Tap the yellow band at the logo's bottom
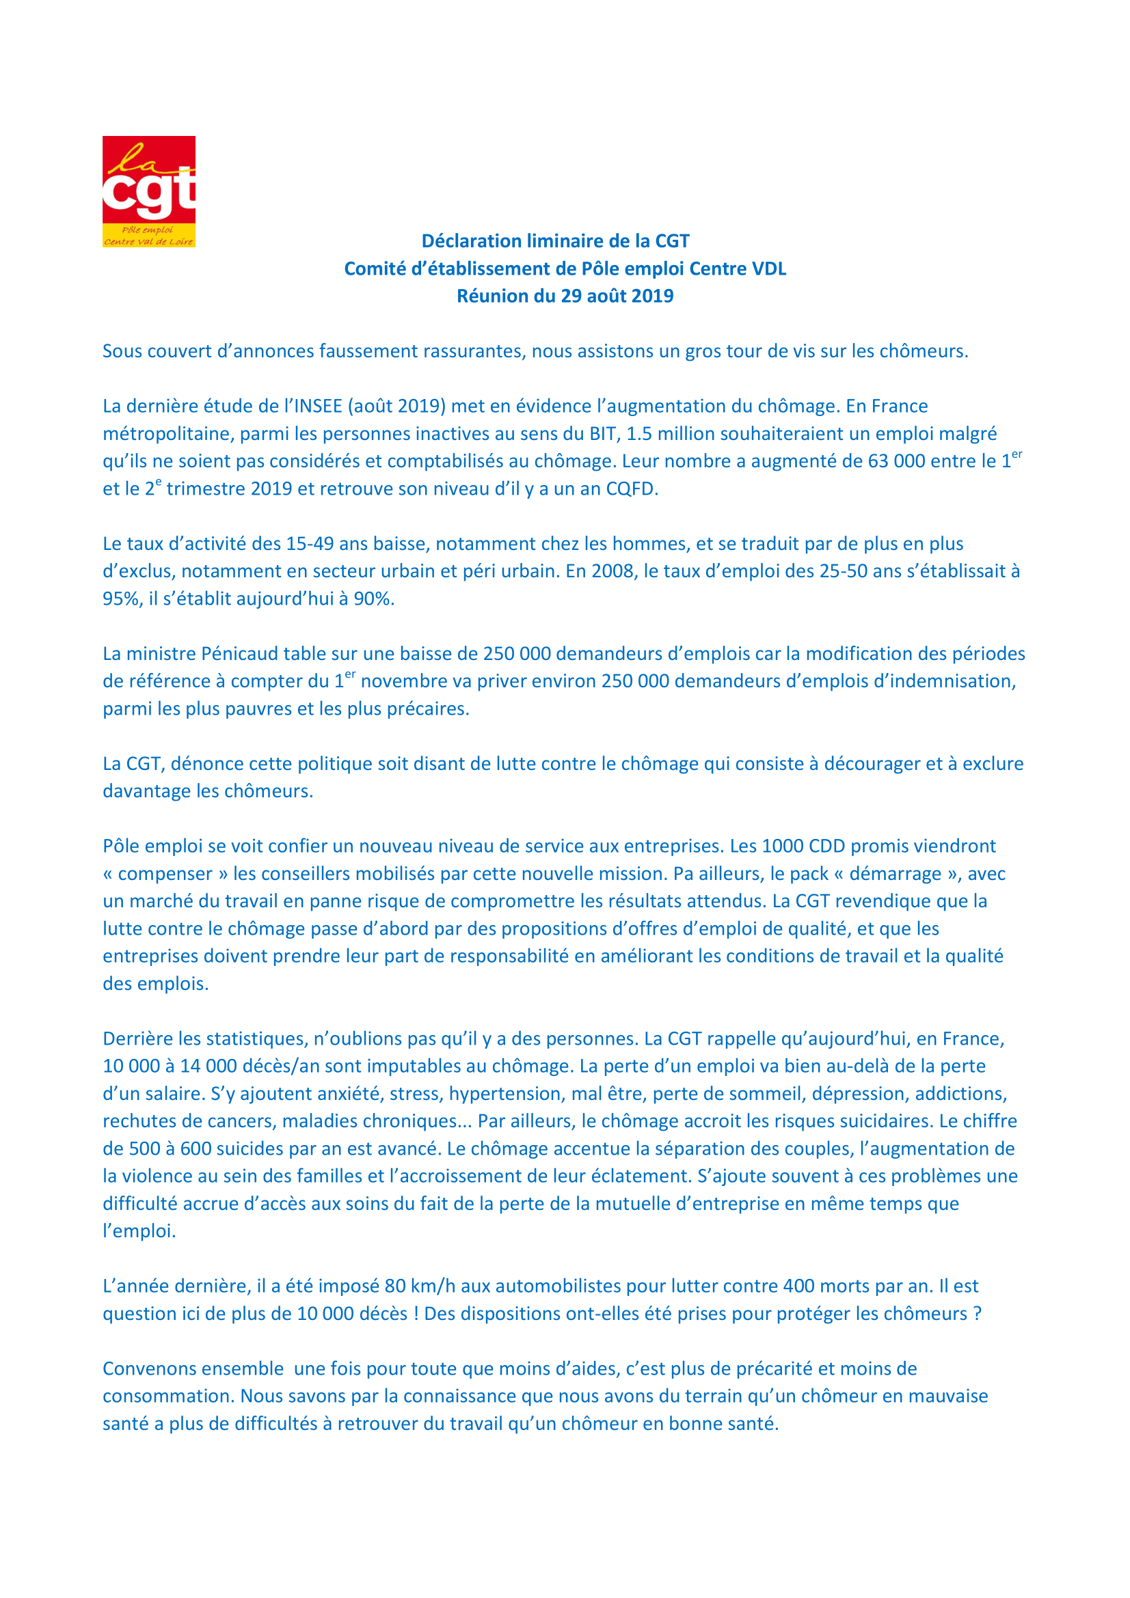148,236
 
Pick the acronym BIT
604,434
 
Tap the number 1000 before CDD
783,846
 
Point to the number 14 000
209,1066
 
